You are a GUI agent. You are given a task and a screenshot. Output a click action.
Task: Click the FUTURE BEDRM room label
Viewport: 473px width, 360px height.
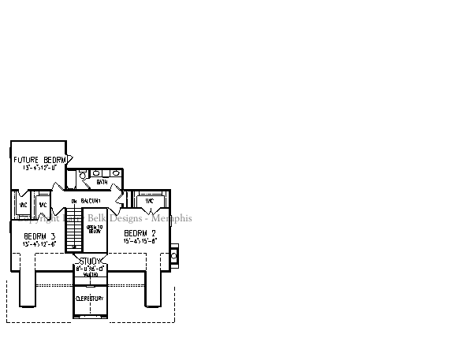[38, 160]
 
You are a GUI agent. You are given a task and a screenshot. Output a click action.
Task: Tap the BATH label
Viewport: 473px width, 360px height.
[102, 183]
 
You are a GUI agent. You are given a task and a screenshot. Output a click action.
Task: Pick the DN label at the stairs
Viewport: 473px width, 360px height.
[73, 202]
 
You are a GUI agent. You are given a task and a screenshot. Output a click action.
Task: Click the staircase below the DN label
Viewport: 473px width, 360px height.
[73, 232]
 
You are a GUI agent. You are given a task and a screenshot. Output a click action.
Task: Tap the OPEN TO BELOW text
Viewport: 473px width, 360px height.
[94, 229]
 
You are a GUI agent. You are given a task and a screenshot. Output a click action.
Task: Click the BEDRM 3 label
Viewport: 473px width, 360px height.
[39, 236]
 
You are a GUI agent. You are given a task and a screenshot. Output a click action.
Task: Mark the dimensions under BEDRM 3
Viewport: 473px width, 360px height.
[39, 244]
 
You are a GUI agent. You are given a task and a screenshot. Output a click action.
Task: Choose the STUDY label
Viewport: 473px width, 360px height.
[90, 261]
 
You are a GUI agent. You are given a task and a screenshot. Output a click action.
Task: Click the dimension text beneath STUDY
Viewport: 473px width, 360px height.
[90, 269]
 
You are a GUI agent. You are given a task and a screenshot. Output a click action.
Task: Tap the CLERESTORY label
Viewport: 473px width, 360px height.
[89, 299]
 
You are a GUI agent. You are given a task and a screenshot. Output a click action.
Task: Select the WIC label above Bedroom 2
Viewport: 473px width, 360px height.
[148, 202]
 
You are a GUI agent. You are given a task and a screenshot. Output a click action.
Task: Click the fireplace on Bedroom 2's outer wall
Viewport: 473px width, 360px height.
[174, 255]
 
